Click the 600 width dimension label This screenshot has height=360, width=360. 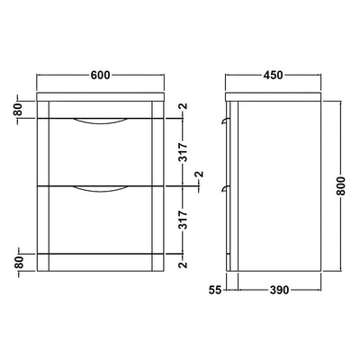click(x=100, y=75)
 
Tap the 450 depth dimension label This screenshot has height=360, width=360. click(x=273, y=75)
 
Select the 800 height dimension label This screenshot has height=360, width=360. click(x=341, y=186)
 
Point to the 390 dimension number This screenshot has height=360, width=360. click(x=279, y=290)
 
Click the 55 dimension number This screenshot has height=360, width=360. click(x=215, y=290)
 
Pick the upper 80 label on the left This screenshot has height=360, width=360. click(x=18, y=110)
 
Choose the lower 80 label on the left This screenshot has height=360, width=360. click(x=18, y=263)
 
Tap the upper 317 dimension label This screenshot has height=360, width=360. click(x=183, y=152)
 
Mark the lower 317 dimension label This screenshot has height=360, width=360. click(x=183, y=220)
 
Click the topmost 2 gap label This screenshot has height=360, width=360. click(x=184, y=106)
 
